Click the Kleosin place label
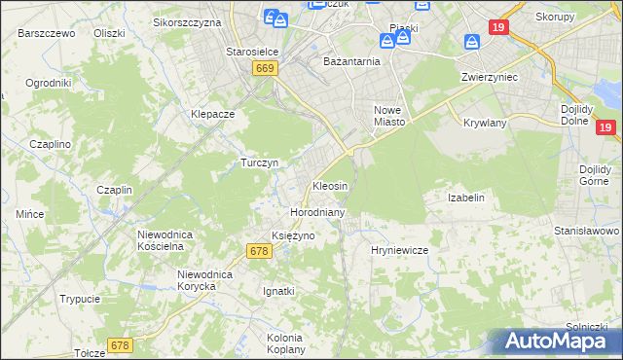click(330, 185)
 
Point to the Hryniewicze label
click(400, 250)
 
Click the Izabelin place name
click(465, 198)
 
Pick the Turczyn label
click(260, 162)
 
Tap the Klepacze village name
click(213, 114)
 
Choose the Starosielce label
click(253, 52)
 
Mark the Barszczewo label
click(47, 32)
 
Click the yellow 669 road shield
click(266, 68)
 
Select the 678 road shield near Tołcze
click(120, 345)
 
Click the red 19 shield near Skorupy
click(498, 29)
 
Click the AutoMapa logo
click(551, 341)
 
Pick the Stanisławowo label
click(587, 231)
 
